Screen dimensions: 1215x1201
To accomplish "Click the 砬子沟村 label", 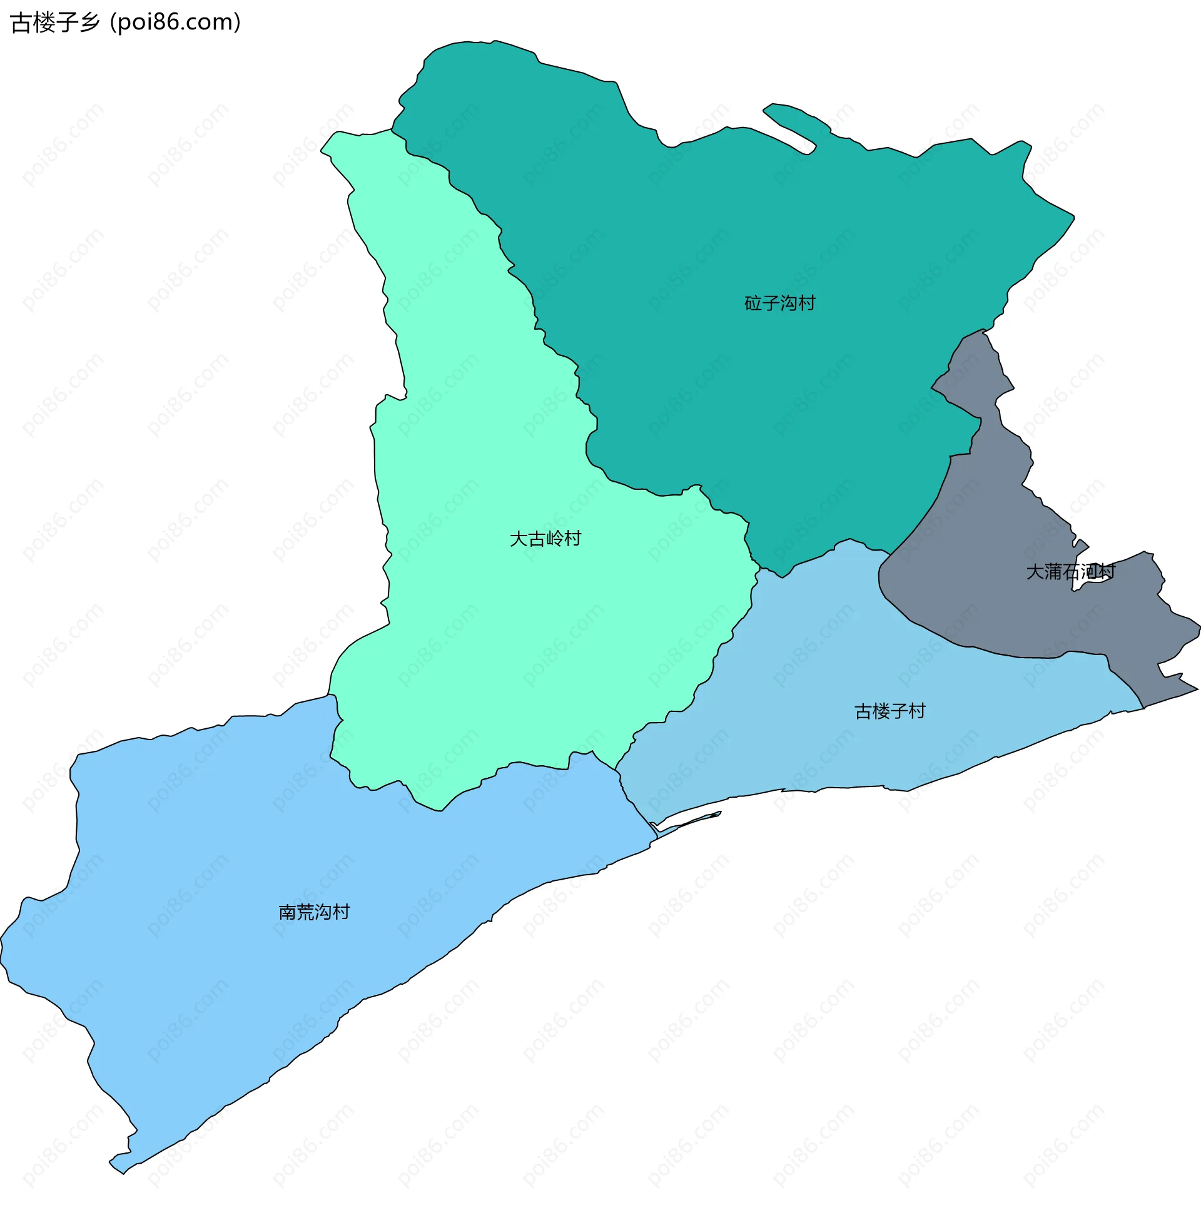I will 779,303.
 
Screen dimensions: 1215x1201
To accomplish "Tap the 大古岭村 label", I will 545,539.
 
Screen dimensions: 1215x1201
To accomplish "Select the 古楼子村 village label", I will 889,711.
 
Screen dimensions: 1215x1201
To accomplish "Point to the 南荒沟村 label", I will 314,912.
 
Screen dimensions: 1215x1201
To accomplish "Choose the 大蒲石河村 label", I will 1070,572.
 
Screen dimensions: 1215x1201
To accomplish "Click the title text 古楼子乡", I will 55,23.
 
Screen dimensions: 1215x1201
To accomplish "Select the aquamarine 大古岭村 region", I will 503,629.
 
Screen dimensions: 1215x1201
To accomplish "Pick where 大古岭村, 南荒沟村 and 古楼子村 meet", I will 616,770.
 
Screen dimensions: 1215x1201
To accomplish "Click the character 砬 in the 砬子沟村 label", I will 753,303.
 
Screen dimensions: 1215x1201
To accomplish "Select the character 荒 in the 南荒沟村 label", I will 305,912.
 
